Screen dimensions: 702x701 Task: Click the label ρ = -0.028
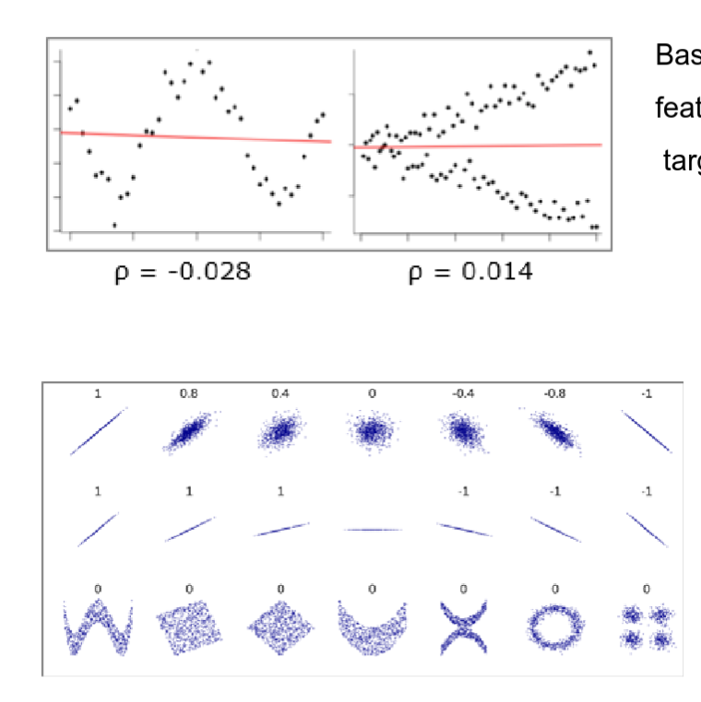(x=182, y=273)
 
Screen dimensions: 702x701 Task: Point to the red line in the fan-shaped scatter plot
(x=478, y=146)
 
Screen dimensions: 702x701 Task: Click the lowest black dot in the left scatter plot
(x=114, y=225)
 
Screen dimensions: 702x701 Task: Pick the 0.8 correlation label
(x=189, y=393)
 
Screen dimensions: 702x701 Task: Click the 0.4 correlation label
(x=280, y=393)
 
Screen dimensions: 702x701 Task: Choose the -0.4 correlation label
(x=463, y=393)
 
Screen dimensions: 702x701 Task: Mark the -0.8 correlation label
(x=554, y=393)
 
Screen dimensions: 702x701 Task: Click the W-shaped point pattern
(x=97, y=628)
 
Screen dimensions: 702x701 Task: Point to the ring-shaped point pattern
(x=554, y=628)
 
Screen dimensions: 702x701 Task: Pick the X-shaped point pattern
(x=464, y=628)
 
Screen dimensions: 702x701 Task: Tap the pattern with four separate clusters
(x=646, y=626)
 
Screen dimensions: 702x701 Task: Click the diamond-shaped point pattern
(x=280, y=628)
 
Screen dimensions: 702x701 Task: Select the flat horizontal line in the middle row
(x=373, y=529)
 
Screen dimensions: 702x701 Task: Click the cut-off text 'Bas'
(x=677, y=55)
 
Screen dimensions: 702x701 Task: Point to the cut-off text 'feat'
(x=677, y=109)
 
